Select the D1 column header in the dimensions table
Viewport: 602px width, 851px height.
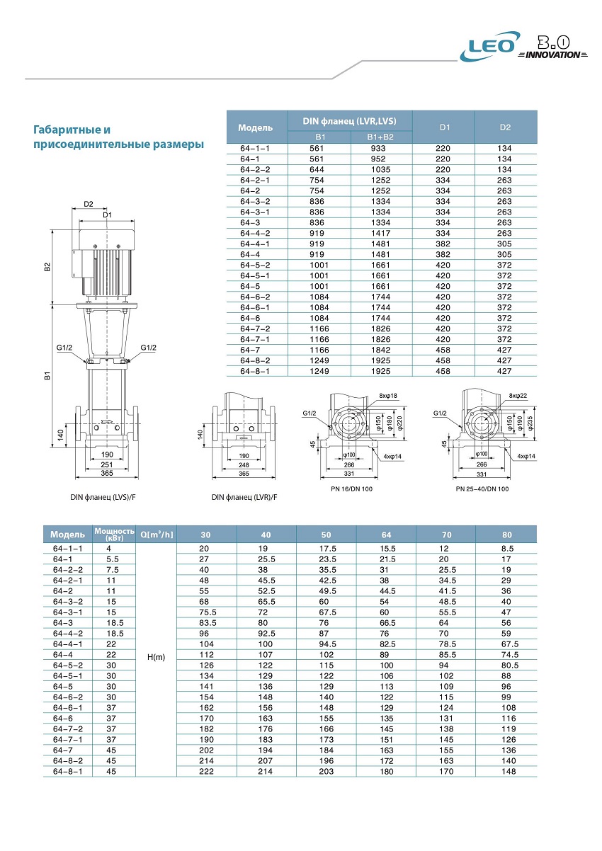point(444,127)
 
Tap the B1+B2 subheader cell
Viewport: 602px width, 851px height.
point(380,137)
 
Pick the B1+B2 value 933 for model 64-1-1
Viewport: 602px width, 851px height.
point(378,149)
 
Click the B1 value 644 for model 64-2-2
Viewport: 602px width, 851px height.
point(317,170)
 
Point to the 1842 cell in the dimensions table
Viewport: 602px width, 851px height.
point(380,350)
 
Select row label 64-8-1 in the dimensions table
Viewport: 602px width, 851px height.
point(255,372)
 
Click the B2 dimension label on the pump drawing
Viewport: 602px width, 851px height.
point(47,267)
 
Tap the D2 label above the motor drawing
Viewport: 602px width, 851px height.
point(88,205)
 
